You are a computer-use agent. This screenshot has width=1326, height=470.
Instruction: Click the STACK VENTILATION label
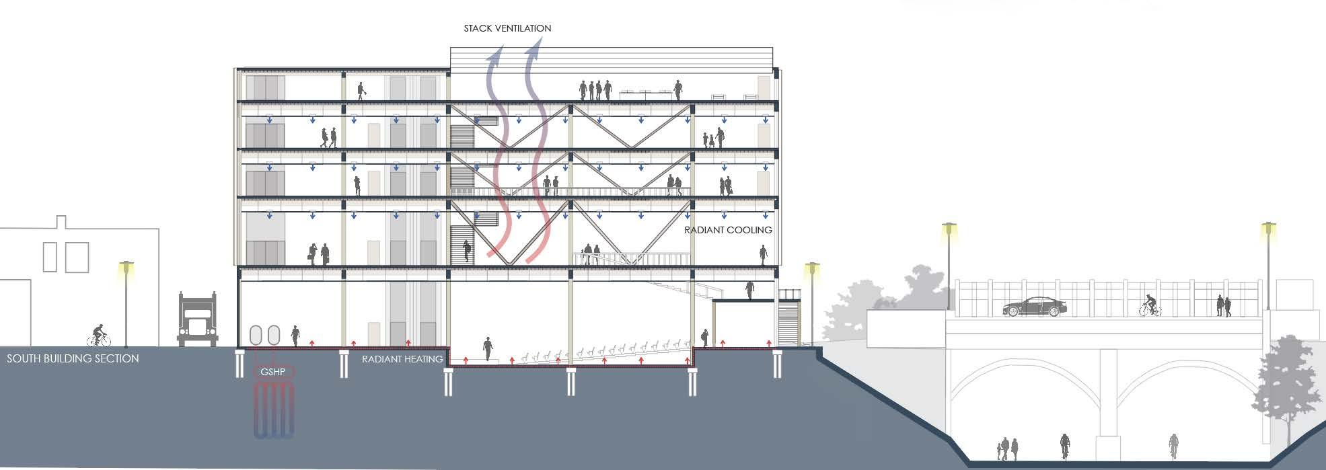click(x=507, y=28)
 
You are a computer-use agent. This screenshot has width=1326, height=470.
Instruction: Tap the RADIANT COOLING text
click(x=728, y=230)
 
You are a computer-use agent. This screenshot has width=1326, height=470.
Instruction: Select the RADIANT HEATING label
click(x=402, y=359)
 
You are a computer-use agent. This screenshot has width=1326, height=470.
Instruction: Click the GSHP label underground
click(x=273, y=372)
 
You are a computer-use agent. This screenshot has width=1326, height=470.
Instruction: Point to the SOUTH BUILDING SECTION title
click(x=73, y=358)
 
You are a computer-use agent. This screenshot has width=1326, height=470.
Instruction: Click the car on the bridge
click(x=1033, y=307)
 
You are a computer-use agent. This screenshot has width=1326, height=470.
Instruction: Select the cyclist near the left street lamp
click(x=99, y=336)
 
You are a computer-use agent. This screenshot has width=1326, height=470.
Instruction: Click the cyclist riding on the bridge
click(x=1150, y=307)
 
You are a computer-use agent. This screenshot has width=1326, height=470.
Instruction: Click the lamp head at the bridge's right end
click(x=1269, y=228)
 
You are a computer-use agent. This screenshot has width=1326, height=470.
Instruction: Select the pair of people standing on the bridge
click(x=1224, y=306)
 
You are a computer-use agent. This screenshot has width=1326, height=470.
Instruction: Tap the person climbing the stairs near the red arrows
click(x=468, y=252)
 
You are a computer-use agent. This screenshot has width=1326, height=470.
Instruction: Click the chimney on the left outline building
click(x=61, y=222)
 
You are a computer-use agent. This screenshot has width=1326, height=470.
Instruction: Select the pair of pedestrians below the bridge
click(x=1009, y=448)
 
